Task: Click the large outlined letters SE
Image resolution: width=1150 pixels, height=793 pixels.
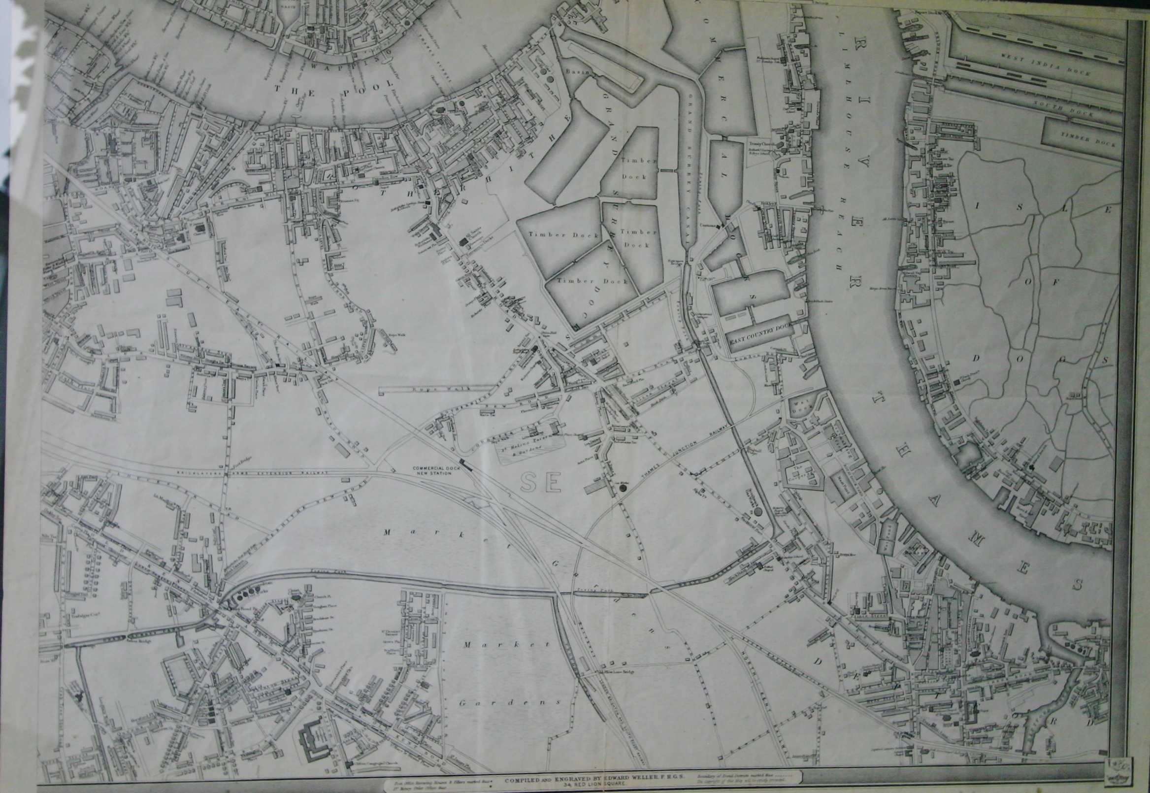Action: [541, 482]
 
